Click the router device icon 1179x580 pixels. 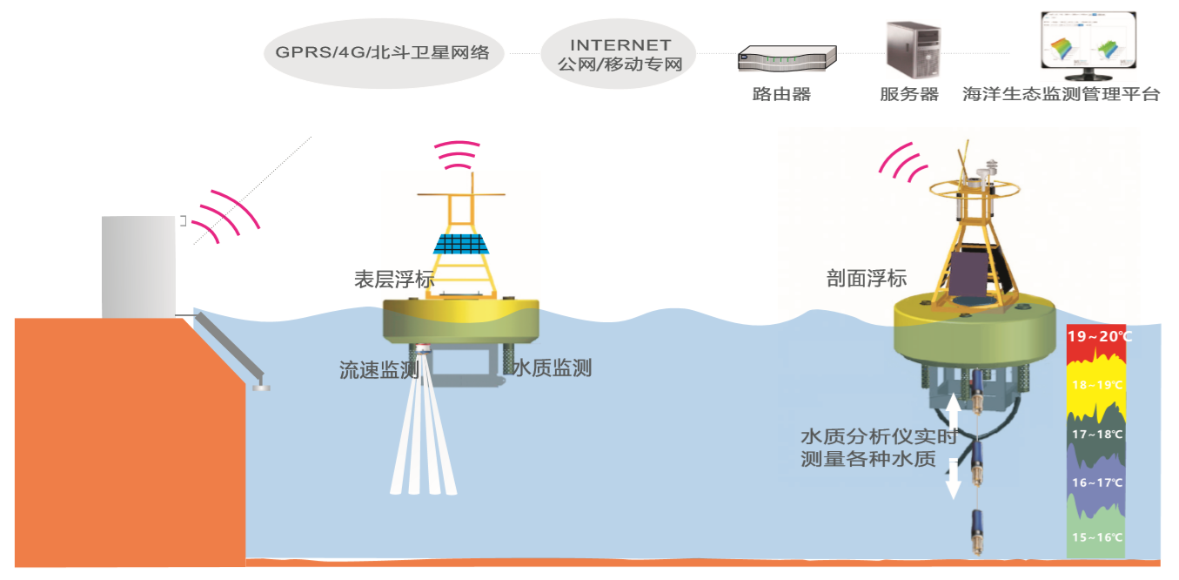tap(787, 58)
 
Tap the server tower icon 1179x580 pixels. tap(909, 50)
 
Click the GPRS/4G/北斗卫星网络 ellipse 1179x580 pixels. tap(383, 53)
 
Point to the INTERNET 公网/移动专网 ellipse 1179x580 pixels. tap(620, 53)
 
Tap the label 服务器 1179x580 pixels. tap(909, 94)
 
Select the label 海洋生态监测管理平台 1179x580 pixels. tap(1062, 94)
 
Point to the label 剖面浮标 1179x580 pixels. tap(866, 279)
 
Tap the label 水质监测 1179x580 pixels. tap(552, 368)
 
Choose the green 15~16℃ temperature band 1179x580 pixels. tap(1096, 537)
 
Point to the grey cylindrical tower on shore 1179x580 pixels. tap(138, 266)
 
